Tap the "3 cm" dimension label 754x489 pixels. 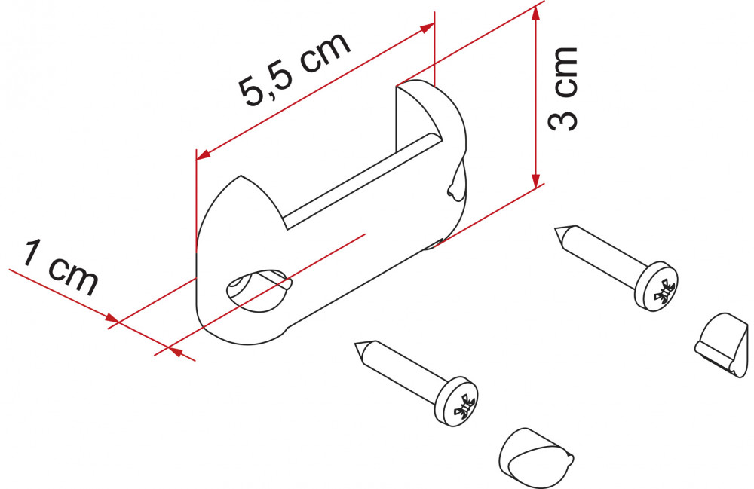click(562, 89)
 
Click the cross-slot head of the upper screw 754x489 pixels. click(657, 286)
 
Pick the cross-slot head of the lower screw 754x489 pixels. click(456, 401)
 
